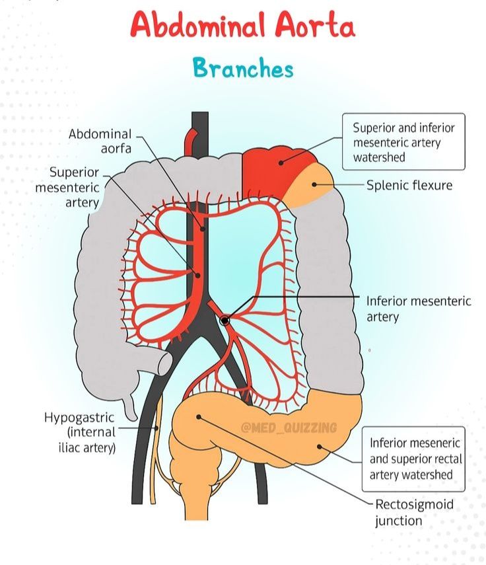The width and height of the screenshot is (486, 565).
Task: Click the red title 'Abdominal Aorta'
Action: pos(243,25)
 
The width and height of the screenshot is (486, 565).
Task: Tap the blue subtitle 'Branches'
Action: pos(243,68)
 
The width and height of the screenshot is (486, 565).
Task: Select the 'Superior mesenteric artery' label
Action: pos(67,188)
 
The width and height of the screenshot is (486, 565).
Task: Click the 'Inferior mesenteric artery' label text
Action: pos(419,309)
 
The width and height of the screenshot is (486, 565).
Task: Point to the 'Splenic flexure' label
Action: pos(409,185)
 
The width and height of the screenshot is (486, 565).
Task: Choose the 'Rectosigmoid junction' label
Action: pos(414,512)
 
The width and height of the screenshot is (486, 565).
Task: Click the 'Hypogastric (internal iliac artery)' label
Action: pos(80,432)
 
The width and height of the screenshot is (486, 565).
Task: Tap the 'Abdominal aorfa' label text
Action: pos(100,141)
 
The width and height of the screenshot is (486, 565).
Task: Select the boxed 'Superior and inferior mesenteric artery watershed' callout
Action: pos(403,141)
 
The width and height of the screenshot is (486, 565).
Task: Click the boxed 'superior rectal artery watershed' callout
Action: pos(413,459)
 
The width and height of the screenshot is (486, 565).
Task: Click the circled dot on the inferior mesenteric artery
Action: pos(225,320)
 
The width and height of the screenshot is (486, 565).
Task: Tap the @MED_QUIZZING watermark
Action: pos(289,428)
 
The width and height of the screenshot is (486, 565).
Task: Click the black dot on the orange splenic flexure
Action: pos(314,184)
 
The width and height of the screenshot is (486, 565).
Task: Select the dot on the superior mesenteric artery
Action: pos(197,276)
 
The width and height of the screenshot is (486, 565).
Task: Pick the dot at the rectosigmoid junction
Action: pos(199,417)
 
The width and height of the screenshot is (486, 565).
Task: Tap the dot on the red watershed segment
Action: pos(281,163)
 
